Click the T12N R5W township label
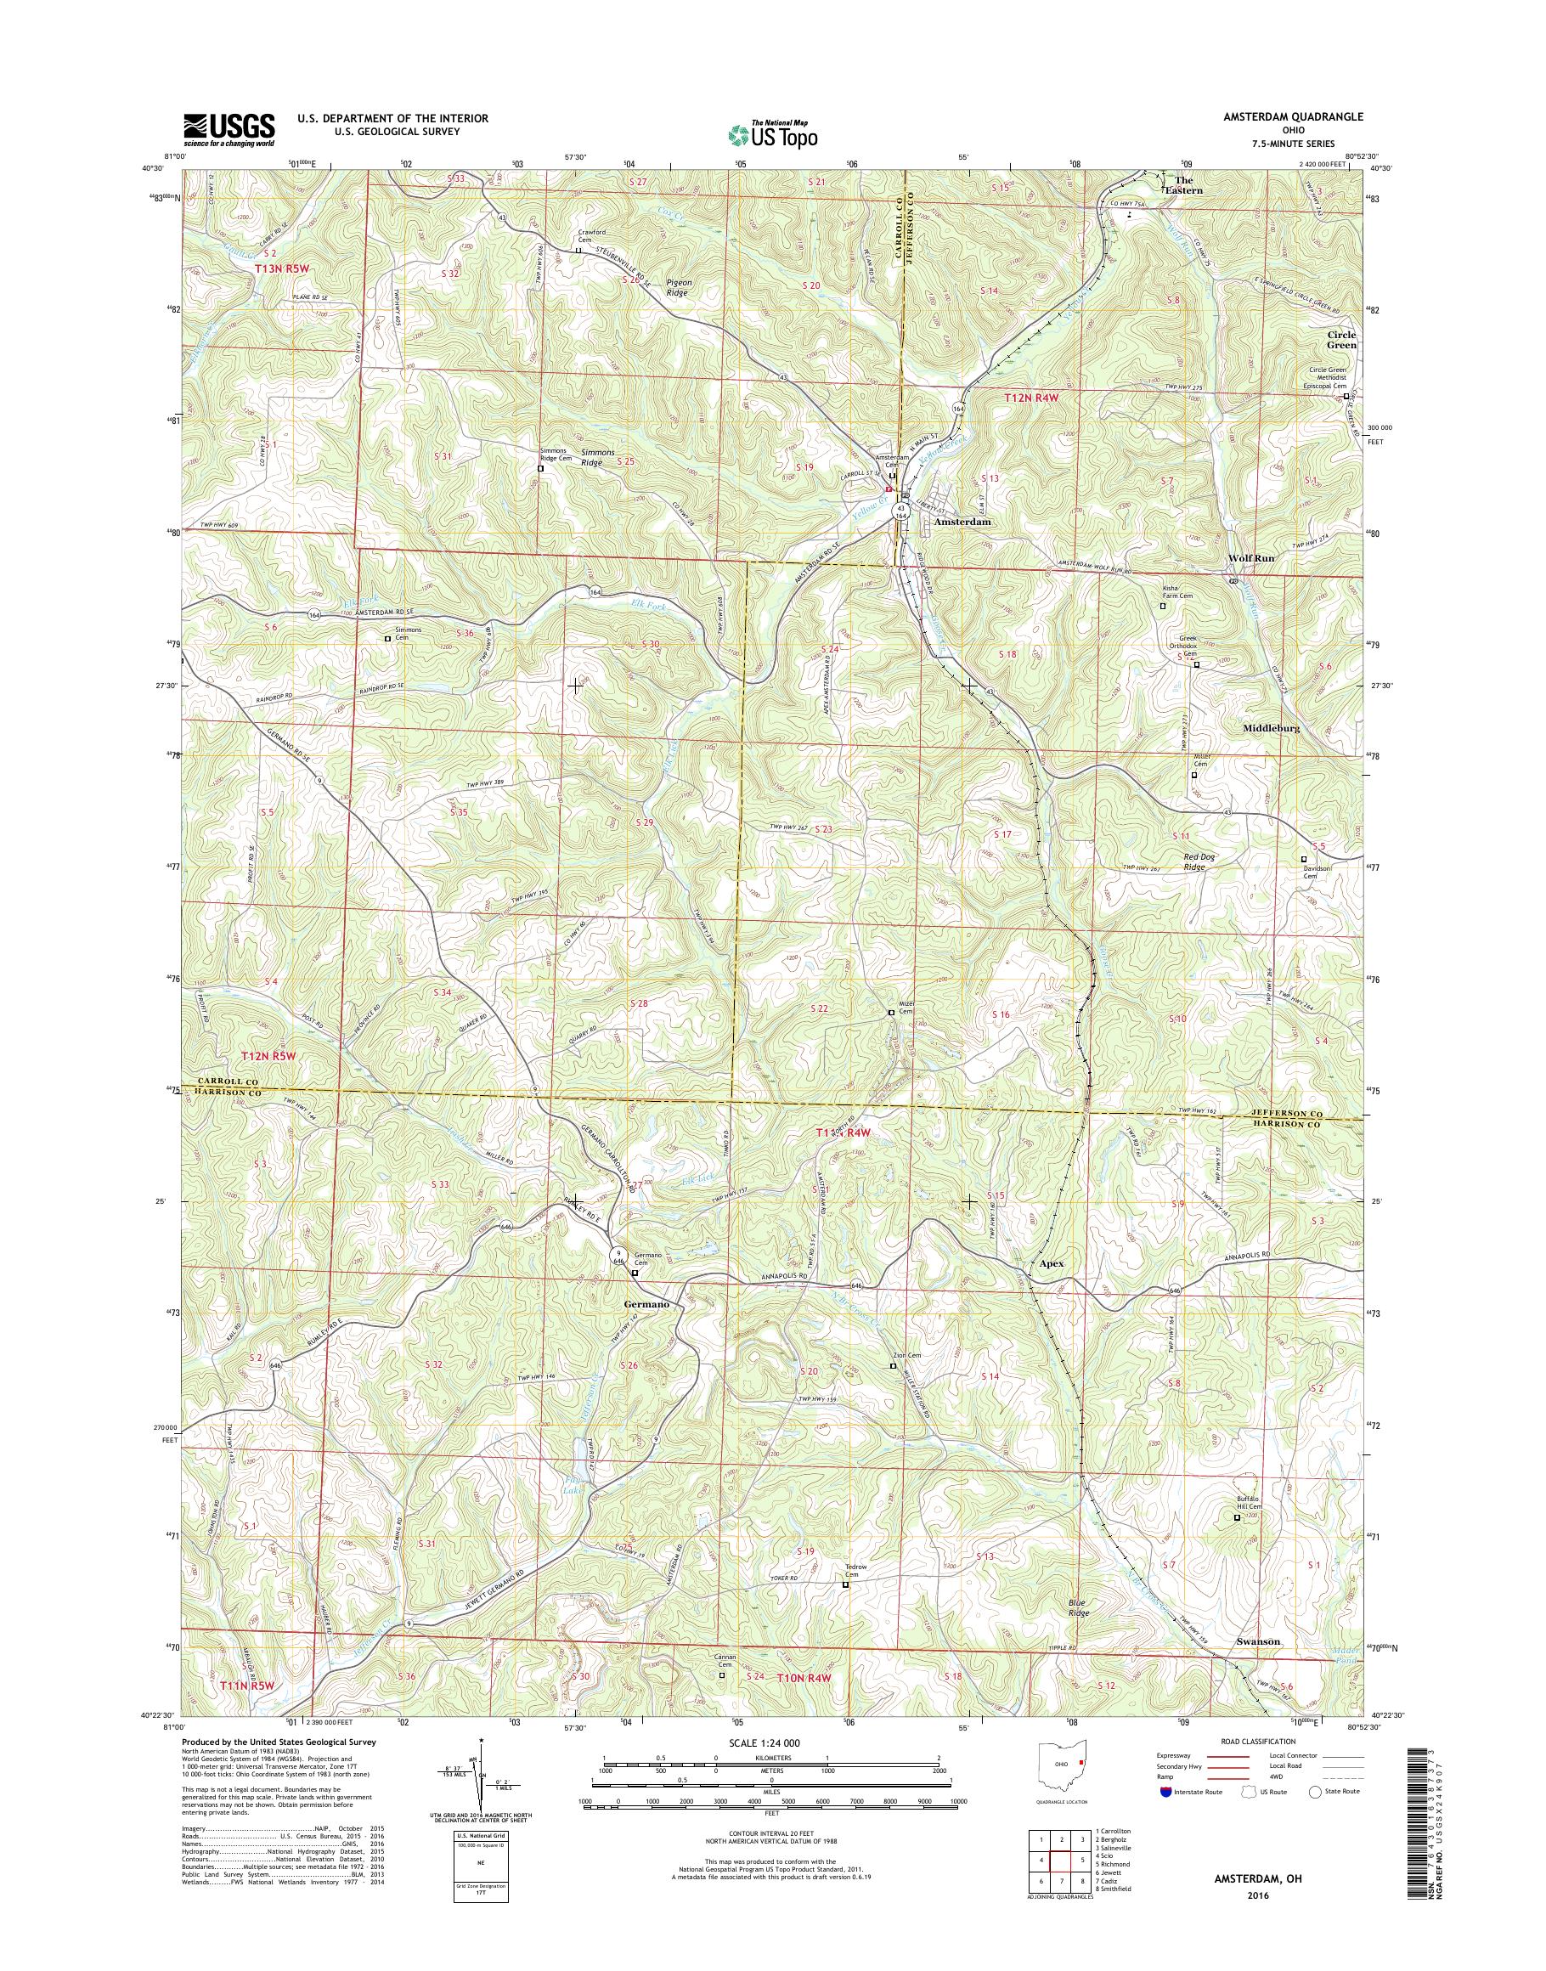click(x=268, y=1057)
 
